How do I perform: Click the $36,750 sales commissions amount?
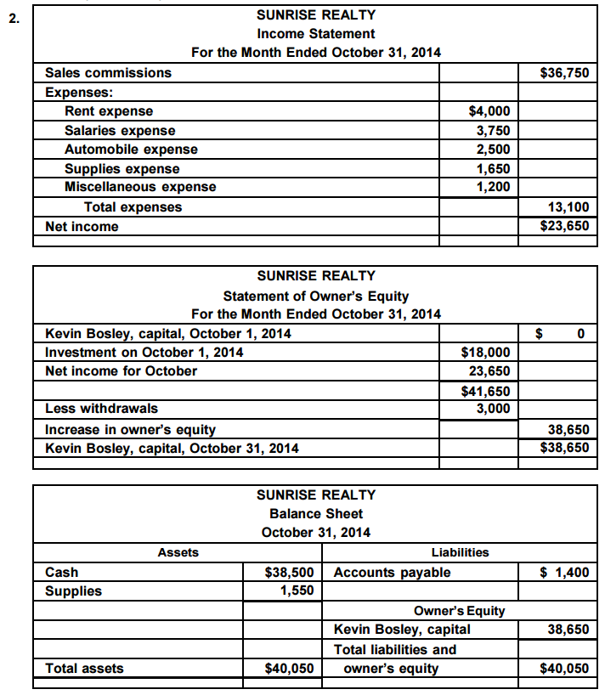point(564,73)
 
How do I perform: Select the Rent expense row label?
point(109,111)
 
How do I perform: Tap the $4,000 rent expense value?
point(489,111)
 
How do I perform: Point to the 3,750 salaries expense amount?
point(493,130)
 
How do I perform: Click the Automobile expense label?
point(131,149)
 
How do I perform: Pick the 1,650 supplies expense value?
point(493,168)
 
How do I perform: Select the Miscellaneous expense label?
point(140,187)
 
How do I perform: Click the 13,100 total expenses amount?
point(568,206)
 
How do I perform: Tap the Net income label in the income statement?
point(82,227)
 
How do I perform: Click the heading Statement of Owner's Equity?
point(315,296)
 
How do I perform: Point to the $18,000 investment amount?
point(485,352)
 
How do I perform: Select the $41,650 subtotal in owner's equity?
point(485,391)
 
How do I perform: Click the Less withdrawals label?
point(101,409)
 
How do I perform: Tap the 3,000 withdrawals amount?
point(493,409)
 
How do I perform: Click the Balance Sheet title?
point(315,513)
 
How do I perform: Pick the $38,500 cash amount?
point(290,573)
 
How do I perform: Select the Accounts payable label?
point(392,573)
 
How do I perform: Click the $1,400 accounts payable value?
point(564,573)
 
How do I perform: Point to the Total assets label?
point(84,669)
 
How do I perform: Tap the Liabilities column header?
point(460,552)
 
